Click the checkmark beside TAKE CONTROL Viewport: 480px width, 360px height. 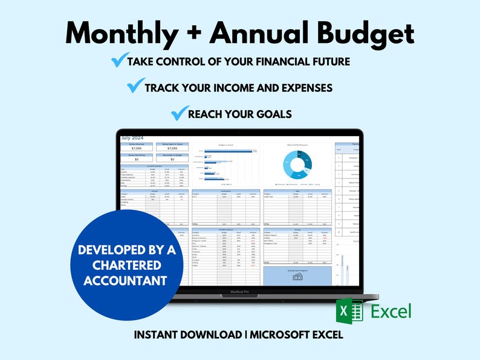coord(119,61)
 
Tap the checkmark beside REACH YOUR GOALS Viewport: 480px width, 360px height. coord(178,113)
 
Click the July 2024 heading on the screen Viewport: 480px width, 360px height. coord(133,138)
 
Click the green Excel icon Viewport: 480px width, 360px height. coord(350,312)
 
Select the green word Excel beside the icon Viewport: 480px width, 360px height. coord(391,312)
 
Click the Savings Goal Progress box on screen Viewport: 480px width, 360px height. coord(297,275)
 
